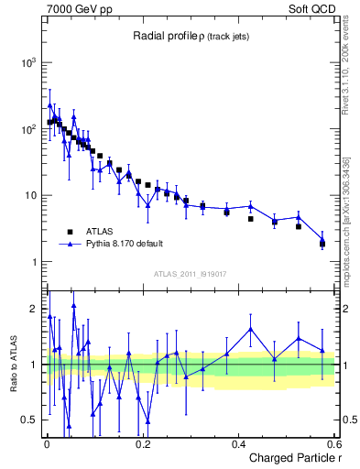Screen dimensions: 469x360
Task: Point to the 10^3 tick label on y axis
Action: pyautogui.click(x=28, y=62)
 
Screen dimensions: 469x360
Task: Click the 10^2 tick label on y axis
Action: pyautogui.click(x=28, y=129)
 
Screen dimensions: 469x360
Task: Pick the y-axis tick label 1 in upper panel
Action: pyautogui.click(x=34, y=262)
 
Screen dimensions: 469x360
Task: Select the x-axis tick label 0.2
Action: pyautogui.click(x=142, y=444)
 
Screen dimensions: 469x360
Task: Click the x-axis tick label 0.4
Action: pyautogui.click(x=237, y=444)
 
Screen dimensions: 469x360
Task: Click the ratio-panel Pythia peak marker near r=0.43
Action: pyautogui.click(x=251, y=329)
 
